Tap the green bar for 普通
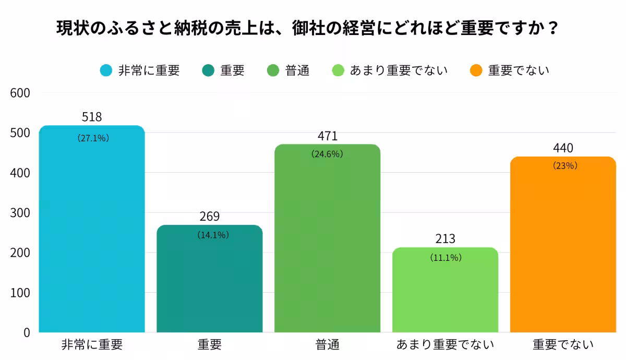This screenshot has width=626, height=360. (327, 240)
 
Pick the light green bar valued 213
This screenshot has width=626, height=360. (445, 292)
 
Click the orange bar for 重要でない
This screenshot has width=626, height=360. (563, 245)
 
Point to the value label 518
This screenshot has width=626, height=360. (92, 117)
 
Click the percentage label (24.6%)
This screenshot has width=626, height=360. (327, 154)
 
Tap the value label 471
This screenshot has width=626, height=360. (328, 136)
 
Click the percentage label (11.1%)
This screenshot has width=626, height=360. (446, 258)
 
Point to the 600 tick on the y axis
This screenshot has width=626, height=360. (20, 93)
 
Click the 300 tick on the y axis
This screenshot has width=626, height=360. (20, 213)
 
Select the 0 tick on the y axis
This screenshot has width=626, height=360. (27, 332)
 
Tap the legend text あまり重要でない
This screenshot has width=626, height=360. (399, 70)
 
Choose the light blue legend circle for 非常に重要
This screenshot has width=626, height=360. (106, 70)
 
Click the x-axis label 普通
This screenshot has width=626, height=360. (327, 345)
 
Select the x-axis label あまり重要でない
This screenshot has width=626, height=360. (445, 345)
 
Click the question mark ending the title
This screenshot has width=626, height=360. (554, 27)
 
